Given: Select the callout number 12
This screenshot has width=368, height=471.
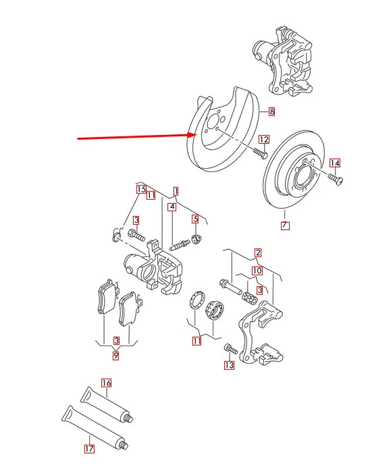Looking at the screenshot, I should (x=264, y=140).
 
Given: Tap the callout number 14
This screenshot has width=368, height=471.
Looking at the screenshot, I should (x=335, y=163).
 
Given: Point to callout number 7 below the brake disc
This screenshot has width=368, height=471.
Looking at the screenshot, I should (x=285, y=225).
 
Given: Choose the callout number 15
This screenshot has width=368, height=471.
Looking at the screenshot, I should (x=141, y=190).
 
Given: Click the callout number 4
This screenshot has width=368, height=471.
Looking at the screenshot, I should (x=172, y=206).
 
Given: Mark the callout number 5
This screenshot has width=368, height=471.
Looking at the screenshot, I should (x=195, y=219).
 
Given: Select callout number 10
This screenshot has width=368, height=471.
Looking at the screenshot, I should (x=257, y=271).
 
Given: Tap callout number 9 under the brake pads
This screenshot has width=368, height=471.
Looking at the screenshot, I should (x=116, y=356).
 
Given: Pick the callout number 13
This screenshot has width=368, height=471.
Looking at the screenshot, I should (x=229, y=366).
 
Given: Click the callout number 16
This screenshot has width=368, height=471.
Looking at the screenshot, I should (x=106, y=383).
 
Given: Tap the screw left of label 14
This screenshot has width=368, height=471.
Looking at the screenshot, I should (x=335, y=178).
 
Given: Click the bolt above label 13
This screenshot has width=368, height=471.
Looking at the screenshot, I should (x=229, y=350).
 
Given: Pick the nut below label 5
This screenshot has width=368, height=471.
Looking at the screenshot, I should (x=196, y=238).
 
